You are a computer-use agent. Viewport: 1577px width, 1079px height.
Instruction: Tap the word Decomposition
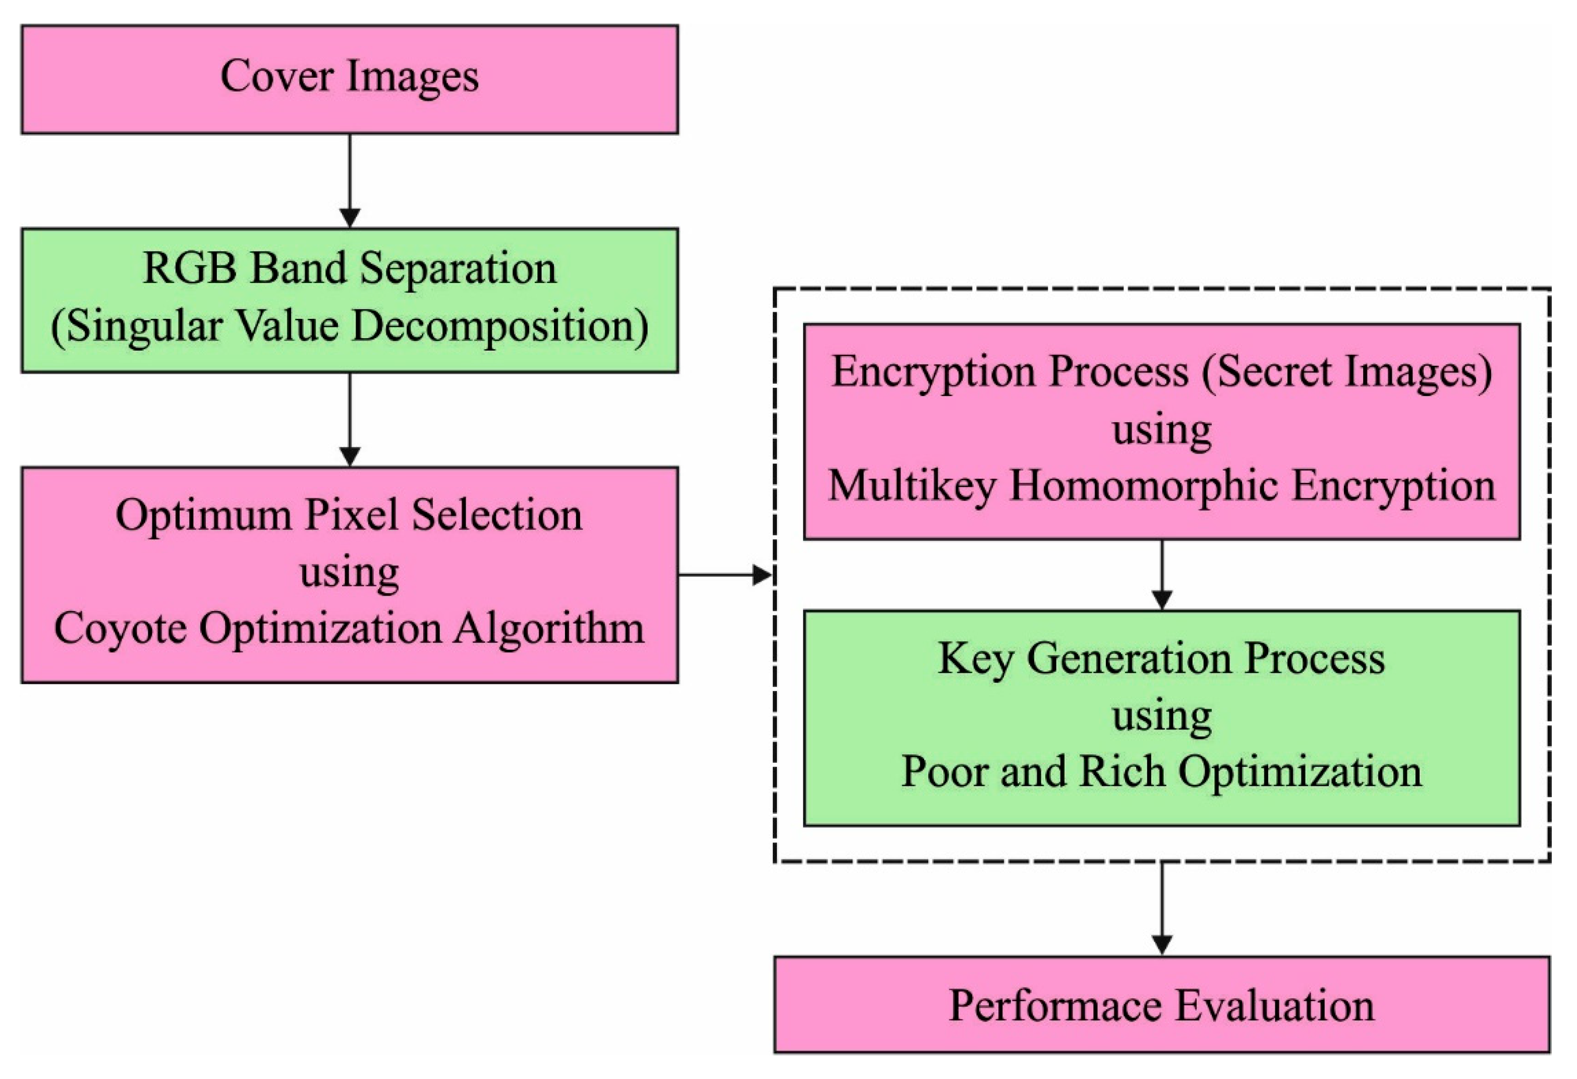point(499,326)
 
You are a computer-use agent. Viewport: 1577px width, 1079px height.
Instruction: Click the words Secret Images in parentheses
point(1346,372)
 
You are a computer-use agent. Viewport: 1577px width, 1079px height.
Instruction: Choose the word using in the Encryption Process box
point(1162,430)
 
